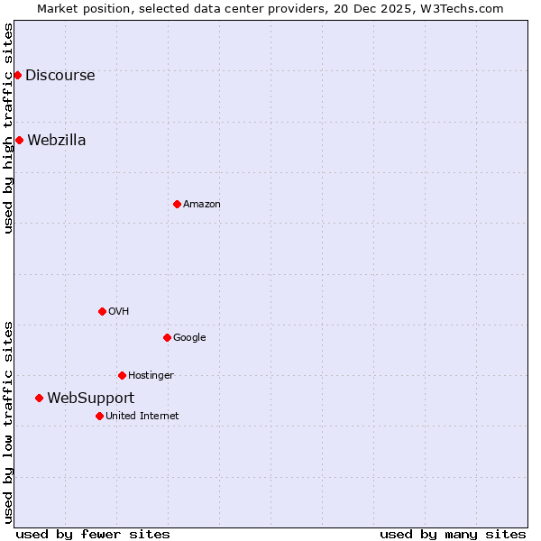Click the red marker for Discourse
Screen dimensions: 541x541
[x=17, y=75]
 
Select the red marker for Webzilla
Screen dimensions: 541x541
[x=19, y=140]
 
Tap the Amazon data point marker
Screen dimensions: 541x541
[x=177, y=204]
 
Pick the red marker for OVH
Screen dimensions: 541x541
[x=102, y=311]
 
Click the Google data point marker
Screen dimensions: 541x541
[x=167, y=337]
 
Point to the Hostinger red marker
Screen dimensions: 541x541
[x=122, y=375]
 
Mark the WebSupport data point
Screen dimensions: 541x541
[x=39, y=398]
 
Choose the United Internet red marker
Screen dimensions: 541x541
[x=99, y=416]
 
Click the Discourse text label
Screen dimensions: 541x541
[x=60, y=76]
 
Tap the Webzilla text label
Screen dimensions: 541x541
[x=56, y=141]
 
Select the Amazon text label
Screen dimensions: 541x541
[x=201, y=205]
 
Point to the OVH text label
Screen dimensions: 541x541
[x=118, y=312]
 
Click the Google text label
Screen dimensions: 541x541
[x=189, y=338]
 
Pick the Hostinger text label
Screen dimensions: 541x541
[x=151, y=376]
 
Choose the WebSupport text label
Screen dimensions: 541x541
[x=90, y=399]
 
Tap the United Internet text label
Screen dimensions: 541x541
[x=142, y=417]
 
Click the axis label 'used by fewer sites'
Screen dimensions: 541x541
[x=93, y=534]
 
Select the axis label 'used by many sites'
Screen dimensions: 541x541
[x=452, y=534]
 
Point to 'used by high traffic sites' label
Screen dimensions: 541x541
[x=8, y=128]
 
